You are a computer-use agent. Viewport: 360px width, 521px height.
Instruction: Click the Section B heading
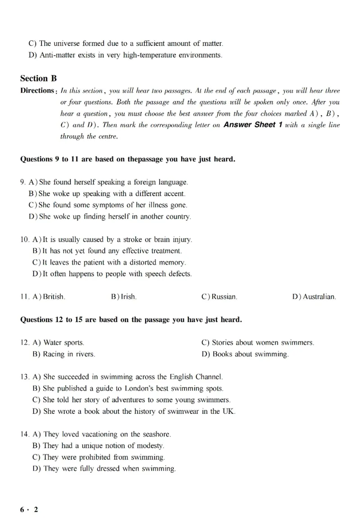(38, 78)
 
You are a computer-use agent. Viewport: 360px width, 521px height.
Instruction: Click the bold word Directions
(37, 90)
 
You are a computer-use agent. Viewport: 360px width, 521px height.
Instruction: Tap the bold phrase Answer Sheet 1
(252, 125)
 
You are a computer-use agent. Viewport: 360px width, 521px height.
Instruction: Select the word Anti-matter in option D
(57, 55)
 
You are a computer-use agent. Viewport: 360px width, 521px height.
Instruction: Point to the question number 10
(25, 239)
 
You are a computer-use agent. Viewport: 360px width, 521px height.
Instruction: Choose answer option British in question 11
(54, 297)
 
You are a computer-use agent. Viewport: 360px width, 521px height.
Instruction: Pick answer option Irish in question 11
(128, 297)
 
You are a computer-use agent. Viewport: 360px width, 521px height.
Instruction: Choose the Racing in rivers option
(69, 354)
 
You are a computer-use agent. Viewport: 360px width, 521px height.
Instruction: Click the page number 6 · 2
(29, 509)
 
